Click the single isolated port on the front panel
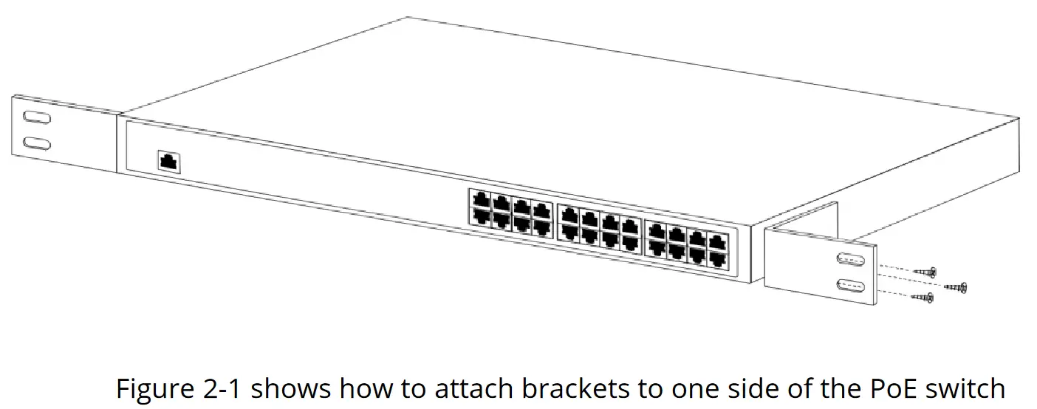169,162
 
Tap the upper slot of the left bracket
36,118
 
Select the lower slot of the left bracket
36,143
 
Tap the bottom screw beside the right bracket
924,297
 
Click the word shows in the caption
290,389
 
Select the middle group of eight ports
600,226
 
